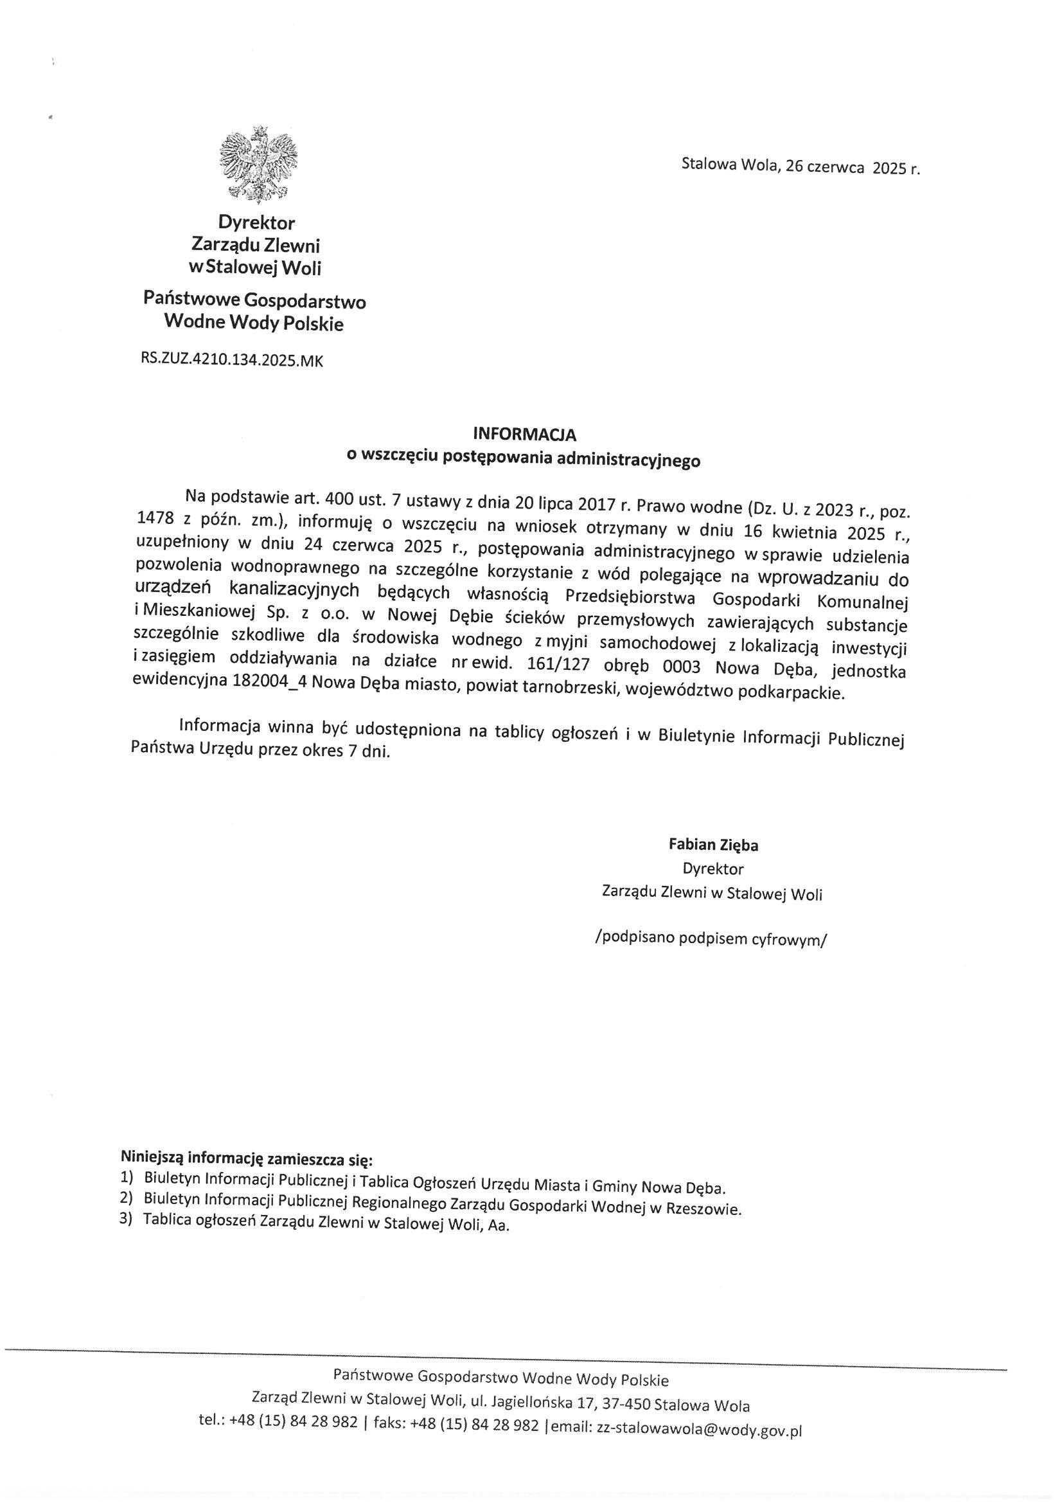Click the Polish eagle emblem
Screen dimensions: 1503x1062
click(258, 163)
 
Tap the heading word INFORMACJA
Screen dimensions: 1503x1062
click(524, 434)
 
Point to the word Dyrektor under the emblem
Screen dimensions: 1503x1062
click(256, 222)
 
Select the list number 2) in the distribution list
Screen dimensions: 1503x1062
click(127, 1200)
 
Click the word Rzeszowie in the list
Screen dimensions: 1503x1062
click(708, 1209)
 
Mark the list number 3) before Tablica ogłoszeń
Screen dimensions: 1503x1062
click(127, 1219)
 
